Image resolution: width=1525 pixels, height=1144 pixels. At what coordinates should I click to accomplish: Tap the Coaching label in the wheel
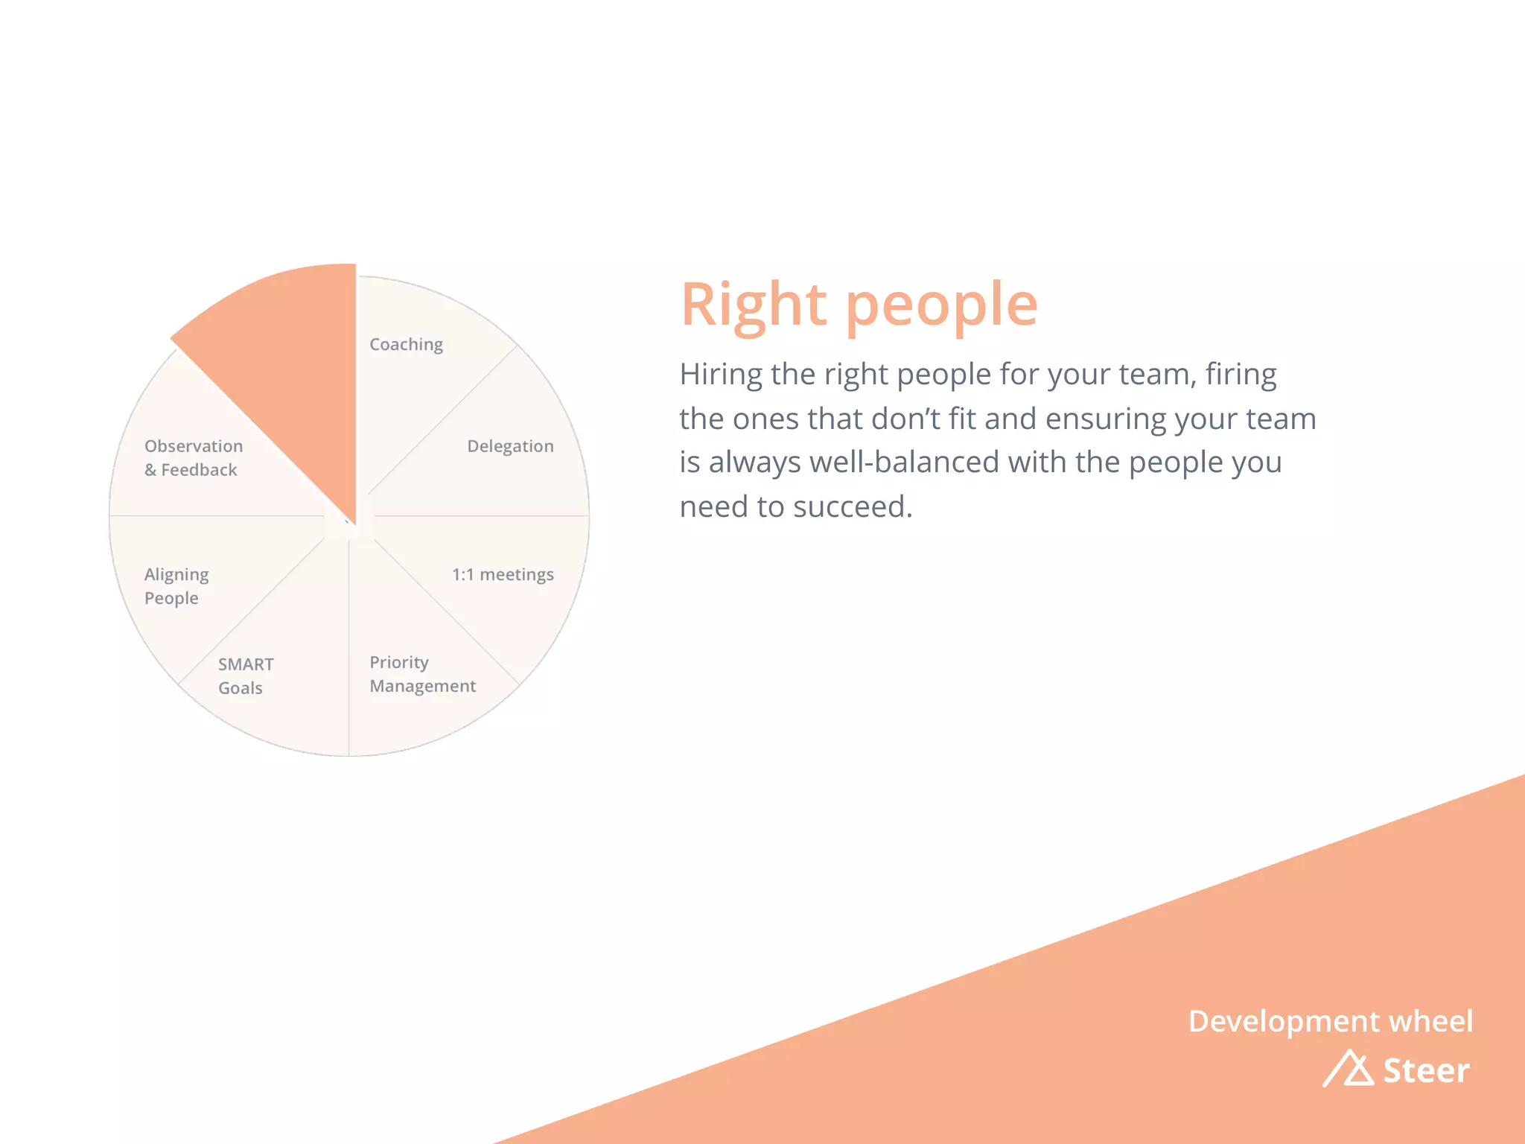click(x=406, y=345)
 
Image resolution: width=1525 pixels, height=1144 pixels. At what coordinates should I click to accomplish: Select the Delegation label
click(x=510, y=446)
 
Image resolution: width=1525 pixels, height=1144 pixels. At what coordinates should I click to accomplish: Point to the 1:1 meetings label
click(x=503, y=574)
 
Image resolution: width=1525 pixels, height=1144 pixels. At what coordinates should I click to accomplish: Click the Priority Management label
click(x=422, y=674)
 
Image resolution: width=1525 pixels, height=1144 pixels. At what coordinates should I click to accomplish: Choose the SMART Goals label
click(x=246, y=676)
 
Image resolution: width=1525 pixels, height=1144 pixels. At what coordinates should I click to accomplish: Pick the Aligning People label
click(x=176, y=586)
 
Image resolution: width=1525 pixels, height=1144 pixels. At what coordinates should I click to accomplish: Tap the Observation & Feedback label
click(x=194, y=458)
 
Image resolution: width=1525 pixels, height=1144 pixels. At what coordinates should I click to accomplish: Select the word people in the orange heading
click(x=941, y=307)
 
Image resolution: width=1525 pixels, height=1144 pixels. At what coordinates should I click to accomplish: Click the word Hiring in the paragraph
click(x=721, y=375)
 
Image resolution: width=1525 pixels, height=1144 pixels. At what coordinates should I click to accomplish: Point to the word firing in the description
click(x=1241, y=375)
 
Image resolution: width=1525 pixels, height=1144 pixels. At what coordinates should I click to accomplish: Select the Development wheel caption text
click(x=1330, y=1021)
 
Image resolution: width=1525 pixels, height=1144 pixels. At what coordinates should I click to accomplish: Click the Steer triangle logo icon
click(x=1349, y=1070)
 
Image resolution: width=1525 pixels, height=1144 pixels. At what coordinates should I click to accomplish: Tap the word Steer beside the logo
click(x=1426, y=1071)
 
